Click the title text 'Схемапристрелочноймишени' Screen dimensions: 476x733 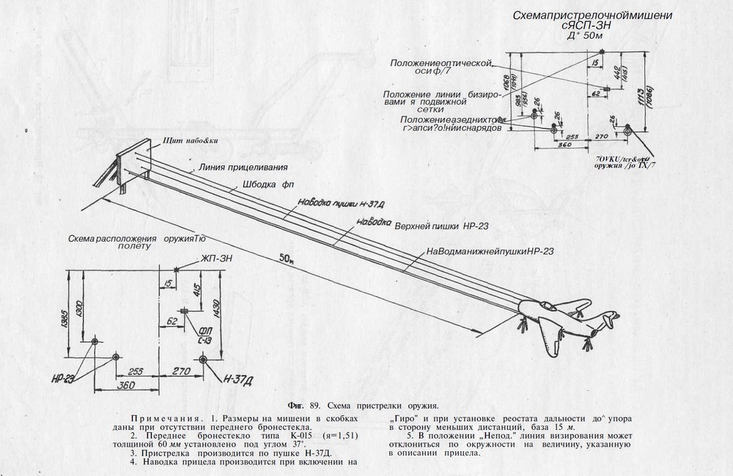591,15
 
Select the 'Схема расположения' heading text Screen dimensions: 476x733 114,239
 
